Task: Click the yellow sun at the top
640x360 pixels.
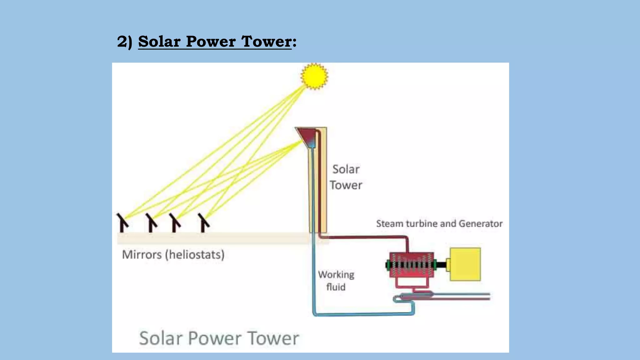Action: [x=314, y=76]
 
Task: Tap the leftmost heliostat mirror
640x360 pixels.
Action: [x=122, y=222]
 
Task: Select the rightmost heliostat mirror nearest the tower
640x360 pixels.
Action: [x=204, y=222]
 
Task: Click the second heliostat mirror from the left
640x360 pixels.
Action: [x=152, y=222]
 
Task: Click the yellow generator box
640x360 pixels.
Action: [x=465, y=264]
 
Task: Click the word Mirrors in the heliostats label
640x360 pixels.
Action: [x=142, y=255]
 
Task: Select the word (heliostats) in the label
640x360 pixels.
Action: [x=195, y=255]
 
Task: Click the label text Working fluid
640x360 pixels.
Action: [x=336, y=281]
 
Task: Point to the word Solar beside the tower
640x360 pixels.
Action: [x=346, y=169]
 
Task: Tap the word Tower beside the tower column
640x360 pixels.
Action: [x=346, y=185]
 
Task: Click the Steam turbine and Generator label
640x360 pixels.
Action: [x=439, y=224]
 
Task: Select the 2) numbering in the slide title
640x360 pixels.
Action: [x=124, y=42]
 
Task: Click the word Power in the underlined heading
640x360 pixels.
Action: [x=211, y=42]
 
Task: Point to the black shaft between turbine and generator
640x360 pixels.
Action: [x=441, y=265]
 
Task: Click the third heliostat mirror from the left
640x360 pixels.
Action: [x=175, y=222]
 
